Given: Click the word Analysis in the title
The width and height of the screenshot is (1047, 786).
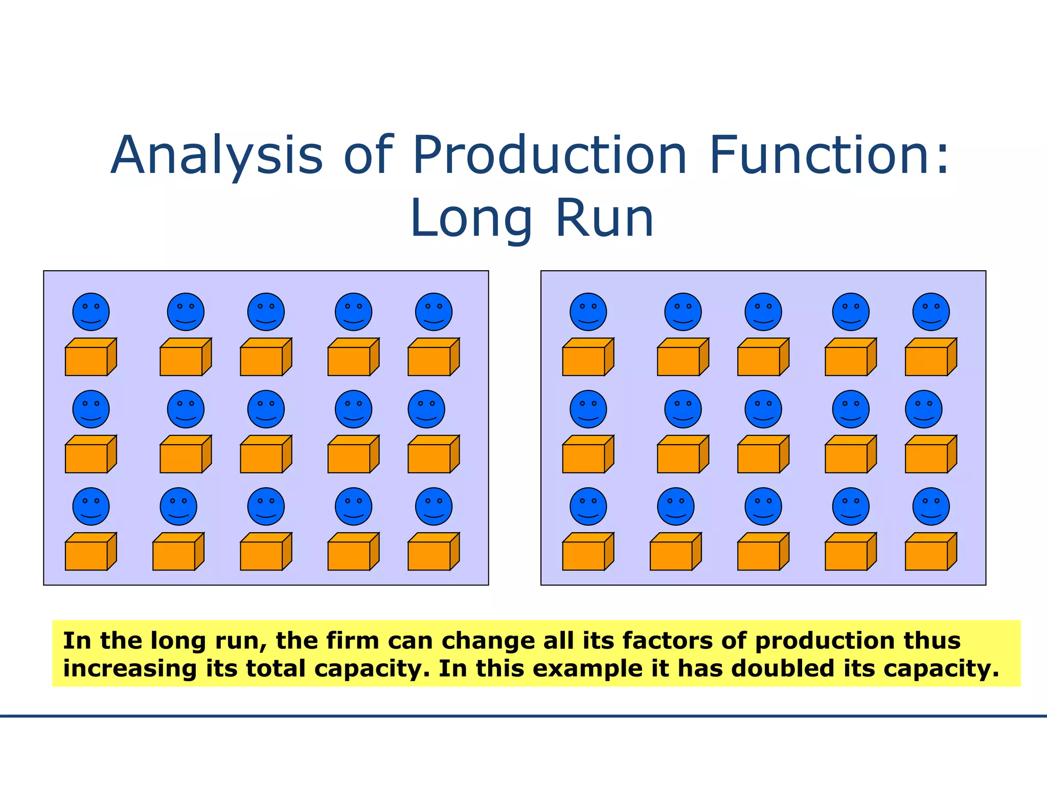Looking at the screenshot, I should point(217,156).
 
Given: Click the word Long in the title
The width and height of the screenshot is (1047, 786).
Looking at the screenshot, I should point(471,219).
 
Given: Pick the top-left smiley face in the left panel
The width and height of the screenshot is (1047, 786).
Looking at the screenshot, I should point(91,312).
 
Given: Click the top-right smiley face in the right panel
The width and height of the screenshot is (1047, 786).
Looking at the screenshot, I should point(931,312).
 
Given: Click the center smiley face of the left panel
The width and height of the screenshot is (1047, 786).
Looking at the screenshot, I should point(266,409).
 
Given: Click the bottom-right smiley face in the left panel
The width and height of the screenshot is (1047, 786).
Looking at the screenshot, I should point(434,507).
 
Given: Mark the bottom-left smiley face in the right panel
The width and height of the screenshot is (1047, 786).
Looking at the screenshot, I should point(588,507).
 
